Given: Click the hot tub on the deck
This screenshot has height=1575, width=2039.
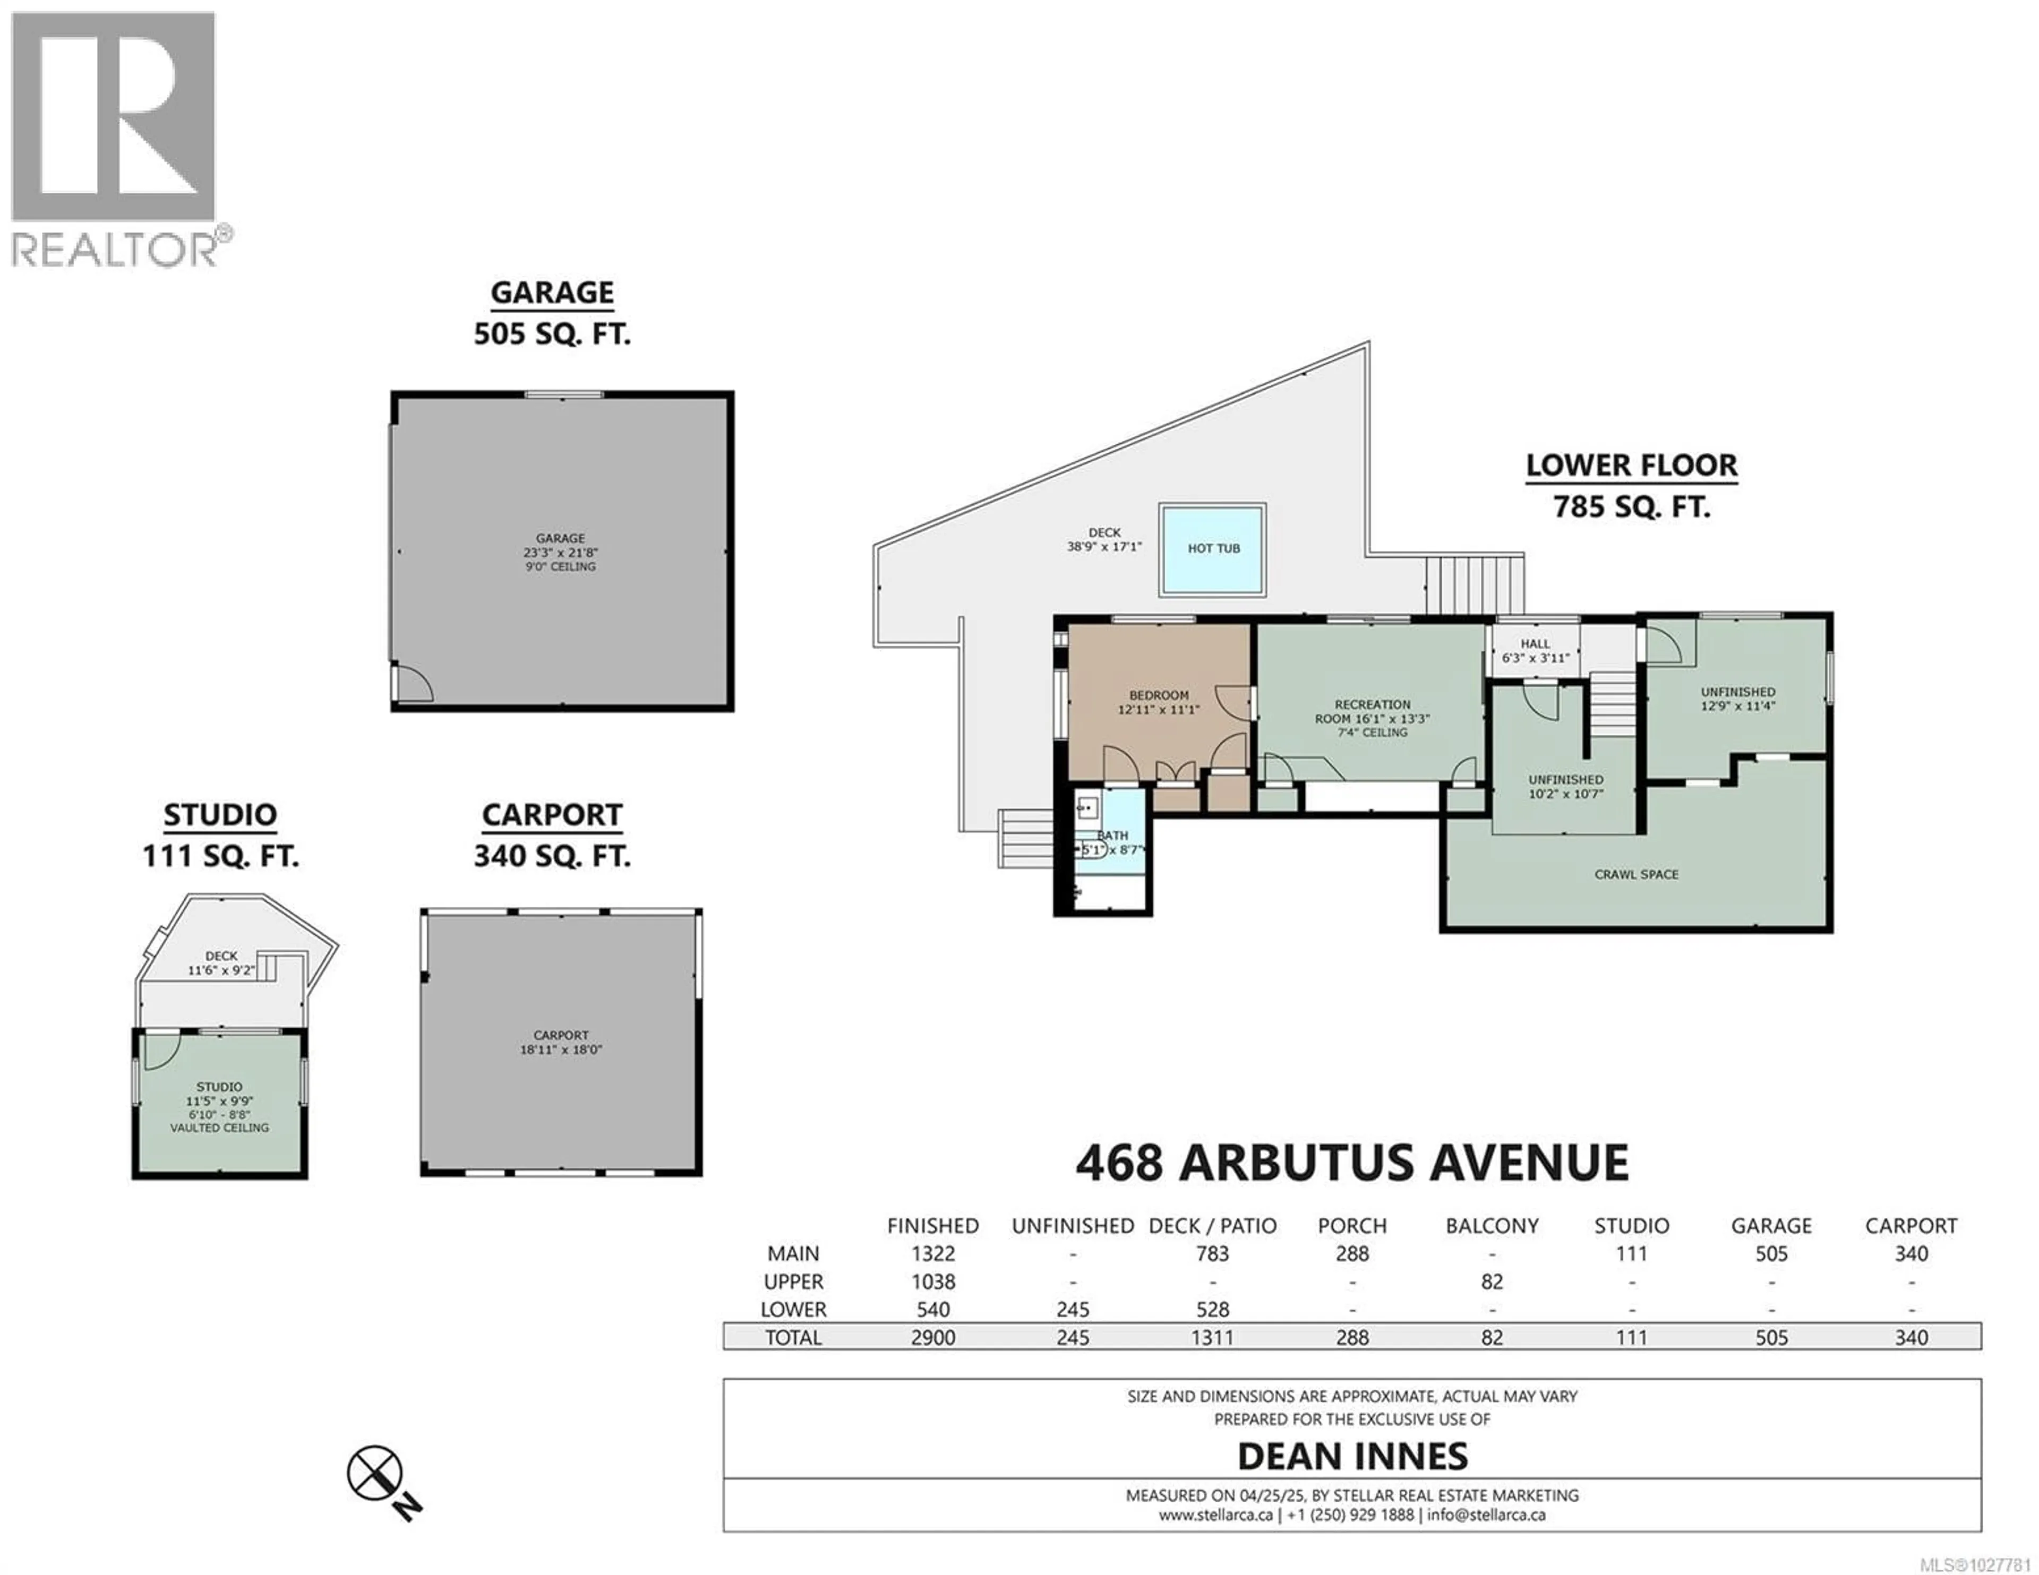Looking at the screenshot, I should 1213,549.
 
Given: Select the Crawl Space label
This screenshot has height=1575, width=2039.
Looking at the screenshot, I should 1635,875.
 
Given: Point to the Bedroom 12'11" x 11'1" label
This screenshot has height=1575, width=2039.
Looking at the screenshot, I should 1159,702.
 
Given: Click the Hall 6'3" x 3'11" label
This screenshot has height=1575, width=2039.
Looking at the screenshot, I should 1535,651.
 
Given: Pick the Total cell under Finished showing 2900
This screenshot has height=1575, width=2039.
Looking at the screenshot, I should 932,1337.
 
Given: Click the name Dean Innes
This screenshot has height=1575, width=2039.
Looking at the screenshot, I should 1352,1457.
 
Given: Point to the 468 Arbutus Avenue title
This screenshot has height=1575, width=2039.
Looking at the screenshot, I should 1352,1163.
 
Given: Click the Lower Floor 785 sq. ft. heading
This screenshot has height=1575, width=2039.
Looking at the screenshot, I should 1631,486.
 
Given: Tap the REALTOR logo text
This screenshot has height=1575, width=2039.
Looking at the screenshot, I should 114,249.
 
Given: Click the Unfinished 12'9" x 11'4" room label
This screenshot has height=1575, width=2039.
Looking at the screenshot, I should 1737,699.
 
